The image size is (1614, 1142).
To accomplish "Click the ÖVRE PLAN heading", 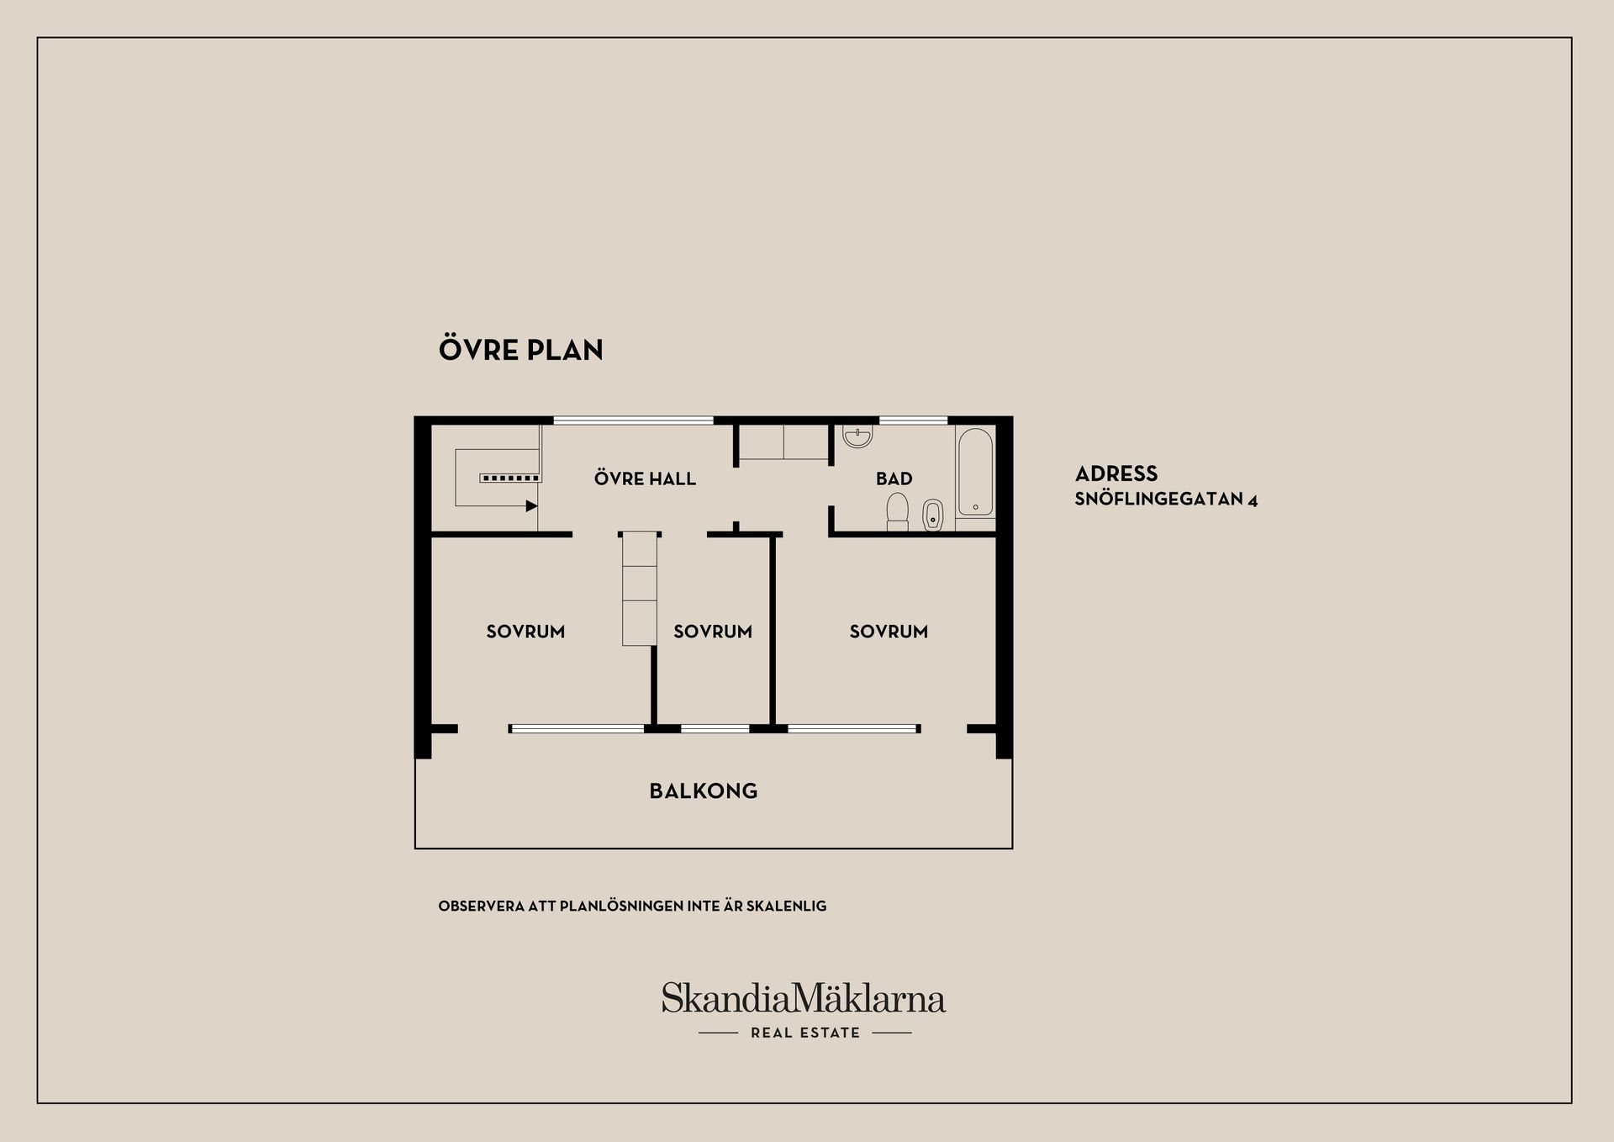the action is click(521, 349).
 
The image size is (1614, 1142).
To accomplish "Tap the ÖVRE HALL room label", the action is click(645, 478).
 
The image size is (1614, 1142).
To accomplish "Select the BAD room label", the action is click(894, 478).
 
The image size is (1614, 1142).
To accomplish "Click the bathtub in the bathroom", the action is click(975, 473).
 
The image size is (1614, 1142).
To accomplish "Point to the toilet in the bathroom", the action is click(898, 512).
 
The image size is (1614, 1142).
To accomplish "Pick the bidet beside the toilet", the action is click(933, 515).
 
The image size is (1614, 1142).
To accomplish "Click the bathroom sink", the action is click(857, 436).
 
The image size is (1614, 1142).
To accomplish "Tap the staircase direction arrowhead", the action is click(531, 505).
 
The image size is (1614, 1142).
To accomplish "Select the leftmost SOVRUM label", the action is click(525, 632).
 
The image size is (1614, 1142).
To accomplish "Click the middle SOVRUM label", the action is click(713, 632).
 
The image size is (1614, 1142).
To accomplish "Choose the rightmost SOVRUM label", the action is click(889, 632).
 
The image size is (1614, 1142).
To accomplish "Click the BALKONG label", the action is click(704, 790).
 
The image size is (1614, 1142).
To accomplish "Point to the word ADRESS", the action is click(1116, 473).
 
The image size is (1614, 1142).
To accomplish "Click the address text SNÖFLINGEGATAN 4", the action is click(1166, 499).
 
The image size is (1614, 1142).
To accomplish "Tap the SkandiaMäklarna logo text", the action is click(804, 998).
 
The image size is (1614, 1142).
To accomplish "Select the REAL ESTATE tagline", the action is click(805, 1033).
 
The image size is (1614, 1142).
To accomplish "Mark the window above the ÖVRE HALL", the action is click(633, 420).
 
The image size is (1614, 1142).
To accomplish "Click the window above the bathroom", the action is click(913, 420).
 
